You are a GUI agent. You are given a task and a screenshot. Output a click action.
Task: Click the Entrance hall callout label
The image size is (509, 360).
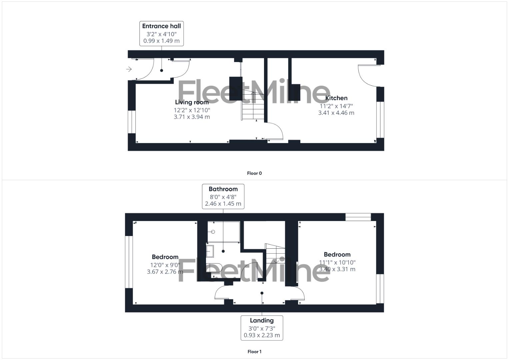tap(161, 26)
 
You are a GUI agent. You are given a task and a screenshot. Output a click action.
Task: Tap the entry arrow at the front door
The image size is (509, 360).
tap(129, 69)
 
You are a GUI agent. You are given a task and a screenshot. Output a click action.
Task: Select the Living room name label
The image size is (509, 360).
tap(192, 102)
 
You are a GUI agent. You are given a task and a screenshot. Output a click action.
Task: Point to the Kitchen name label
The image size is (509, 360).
tap(336, 98)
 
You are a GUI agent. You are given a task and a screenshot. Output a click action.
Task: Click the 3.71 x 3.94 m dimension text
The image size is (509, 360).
tap(192, 117)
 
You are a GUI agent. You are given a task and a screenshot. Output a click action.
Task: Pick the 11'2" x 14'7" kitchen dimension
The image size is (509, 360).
tap(336, 106)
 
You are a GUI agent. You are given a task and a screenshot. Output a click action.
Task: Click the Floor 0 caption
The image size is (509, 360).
tap(254, 173)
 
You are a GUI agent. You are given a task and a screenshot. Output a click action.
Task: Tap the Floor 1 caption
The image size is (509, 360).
tap(254, 352)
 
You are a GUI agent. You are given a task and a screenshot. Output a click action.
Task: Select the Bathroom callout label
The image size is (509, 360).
tap(223, 189)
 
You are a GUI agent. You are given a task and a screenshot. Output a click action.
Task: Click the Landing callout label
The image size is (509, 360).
tap(262, 320)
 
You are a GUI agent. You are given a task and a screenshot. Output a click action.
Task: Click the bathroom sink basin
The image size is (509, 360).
tap(210, 251)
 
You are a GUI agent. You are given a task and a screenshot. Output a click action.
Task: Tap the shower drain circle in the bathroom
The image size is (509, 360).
tap(213, 232)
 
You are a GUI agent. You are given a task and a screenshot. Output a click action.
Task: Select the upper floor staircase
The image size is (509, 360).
tap(275, 254)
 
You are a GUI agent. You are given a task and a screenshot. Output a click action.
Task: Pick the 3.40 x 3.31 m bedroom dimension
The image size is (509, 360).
tap(337, 269)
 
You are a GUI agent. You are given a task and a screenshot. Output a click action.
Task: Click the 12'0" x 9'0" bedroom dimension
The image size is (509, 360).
tap(165, 265)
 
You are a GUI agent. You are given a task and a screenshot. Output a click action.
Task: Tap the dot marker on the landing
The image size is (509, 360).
tap(262, 293)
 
